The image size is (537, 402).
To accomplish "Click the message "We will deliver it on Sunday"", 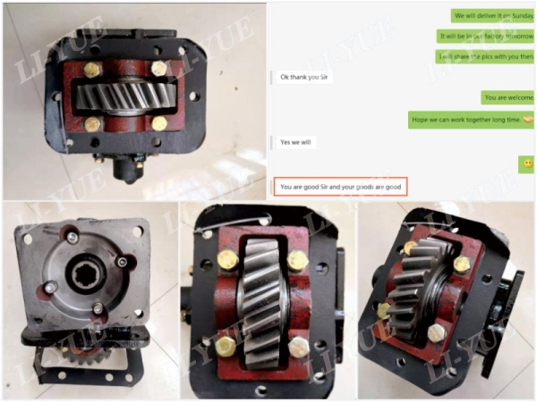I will (492, 16).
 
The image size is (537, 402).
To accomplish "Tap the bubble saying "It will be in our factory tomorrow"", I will (485, 37).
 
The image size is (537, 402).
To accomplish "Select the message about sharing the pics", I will (485, 56).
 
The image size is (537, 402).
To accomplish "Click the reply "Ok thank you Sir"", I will (309, 77).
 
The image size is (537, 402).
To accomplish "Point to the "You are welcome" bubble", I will (507, 97).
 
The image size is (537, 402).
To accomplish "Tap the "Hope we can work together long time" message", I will (471, 119).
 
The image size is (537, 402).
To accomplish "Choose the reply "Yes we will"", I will (298, 142).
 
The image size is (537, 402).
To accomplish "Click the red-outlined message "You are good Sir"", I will (340, 187).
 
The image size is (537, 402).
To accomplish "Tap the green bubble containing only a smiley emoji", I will (527, 164).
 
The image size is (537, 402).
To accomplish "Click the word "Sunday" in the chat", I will (519, 16).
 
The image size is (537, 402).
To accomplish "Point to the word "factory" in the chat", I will (491, 37).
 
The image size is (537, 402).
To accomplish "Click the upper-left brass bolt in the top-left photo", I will (93, 69).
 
